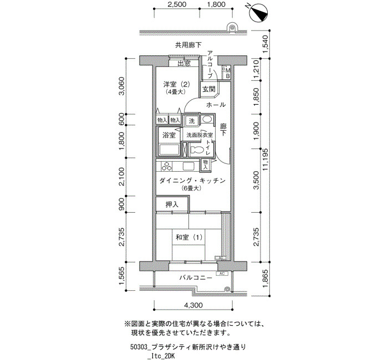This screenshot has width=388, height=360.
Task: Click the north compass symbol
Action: click(259, 13)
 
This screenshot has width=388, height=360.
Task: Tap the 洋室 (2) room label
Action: click(176, 84)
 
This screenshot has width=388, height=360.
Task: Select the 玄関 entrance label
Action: click(209, 89)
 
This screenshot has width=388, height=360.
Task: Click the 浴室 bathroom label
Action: click(169, 135)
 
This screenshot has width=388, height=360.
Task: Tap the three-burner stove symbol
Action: click(166, 166)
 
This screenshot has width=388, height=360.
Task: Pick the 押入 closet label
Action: click(172, 204)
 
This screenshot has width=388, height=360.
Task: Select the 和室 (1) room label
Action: click(189, 238)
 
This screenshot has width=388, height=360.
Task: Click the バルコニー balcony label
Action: click(196, 277)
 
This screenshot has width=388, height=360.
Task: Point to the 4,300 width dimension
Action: click(193, 305)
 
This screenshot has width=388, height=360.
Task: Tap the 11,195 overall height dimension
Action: click(266, 160)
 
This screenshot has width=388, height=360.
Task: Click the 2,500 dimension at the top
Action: click(177, 4)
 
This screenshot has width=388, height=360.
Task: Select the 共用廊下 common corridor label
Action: click(188, 45)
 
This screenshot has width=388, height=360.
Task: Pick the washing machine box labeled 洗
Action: click(192, 121)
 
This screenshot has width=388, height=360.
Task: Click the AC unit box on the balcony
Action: click(222, 274)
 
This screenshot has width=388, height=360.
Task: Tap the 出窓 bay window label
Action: click(185, 64)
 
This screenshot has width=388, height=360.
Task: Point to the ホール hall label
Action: click(216, 105)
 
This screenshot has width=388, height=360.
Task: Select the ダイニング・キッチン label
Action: click(192, 181)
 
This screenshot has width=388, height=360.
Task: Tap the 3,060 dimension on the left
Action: click(122, 86)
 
